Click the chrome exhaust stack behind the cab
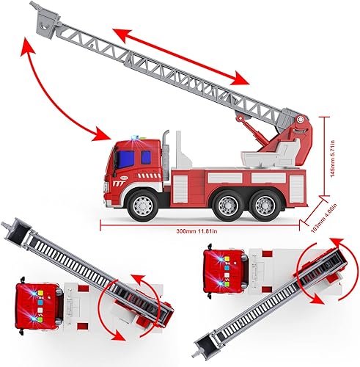point(166,150)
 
